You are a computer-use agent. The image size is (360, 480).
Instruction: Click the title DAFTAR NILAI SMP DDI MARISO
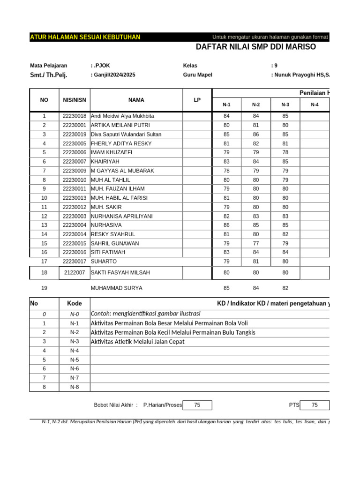click(x=255, y=47)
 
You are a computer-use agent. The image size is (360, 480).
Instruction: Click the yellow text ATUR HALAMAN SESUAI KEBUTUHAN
click(x=85, y=37)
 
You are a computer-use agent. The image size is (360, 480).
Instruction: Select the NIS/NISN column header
click(x=75, y=100)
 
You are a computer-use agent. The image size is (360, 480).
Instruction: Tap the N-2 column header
click(x=256, y=105)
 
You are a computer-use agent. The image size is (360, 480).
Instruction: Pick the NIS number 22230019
click(x=75, y=134)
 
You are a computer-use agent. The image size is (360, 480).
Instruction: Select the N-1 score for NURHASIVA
click(x=226, y=225)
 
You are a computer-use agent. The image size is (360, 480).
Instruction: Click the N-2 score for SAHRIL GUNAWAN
click(x=256, y=243)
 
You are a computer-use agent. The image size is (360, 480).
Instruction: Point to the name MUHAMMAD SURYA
click(x=116, y=288)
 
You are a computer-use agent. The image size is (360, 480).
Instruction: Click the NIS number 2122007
click(x=75, y=272)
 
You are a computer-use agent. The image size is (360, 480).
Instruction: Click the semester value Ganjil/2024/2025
click(x=113, y=75)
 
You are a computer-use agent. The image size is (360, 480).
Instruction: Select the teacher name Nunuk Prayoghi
click(x=300, y=75)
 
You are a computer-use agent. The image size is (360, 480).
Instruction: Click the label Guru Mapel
click(x=197, y=75)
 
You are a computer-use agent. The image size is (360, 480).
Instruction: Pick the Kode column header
click(x=75, y=304)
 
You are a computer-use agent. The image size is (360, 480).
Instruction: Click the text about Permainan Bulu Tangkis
click(x=173, y=332)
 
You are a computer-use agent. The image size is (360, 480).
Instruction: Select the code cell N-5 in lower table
click(x=75, y=360)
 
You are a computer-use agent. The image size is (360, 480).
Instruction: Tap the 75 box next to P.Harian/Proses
click(x=197, y=405)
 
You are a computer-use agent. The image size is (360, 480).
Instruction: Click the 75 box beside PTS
click(x=315, y=405)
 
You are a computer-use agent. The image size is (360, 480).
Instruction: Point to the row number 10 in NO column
click(x=44, y=198)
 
